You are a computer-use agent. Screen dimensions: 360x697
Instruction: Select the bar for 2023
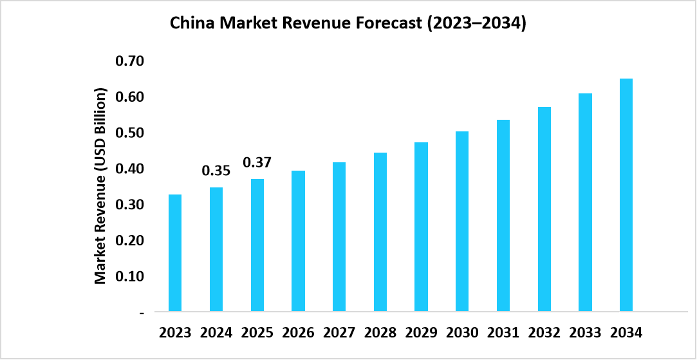pyautogui.click(x=175, y=253)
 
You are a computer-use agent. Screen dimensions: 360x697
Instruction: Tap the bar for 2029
pyautogui.click(x=421, y=227)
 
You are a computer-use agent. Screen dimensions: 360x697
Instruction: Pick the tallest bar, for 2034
pyautogui.click(x=626, y=195)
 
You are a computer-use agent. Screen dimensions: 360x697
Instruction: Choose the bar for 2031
pyautogui.click(x=503, y=216)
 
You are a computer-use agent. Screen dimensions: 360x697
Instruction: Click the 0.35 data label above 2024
pyautogui.click(x=216, y=171)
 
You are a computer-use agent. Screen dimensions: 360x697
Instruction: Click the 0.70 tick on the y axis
pyautogui.click(x=130, y=62)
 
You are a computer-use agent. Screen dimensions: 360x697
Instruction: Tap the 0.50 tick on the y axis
pyautogui.click(x=130, y=133)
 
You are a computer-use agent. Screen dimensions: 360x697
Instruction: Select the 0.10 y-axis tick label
pyautogui.click(x=130, y=276)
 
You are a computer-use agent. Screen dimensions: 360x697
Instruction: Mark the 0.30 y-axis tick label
pyautogui.click(x=130, y=205)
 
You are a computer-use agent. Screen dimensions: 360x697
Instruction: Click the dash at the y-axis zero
pyautogui.click(x=141, y=312)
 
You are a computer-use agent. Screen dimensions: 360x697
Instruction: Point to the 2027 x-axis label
pyautogui.click(x=339, y=333)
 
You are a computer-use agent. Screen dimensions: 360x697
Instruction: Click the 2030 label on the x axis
pyautogui.click(x=462, y=333)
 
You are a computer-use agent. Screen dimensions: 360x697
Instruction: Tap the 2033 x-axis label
pyautogui.click(x=585, y=333)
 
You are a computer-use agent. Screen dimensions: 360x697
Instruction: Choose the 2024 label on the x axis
pyautogui.click(x=216, y=333)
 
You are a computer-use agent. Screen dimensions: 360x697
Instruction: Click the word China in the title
pyautogui.click(x=191, y=24)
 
